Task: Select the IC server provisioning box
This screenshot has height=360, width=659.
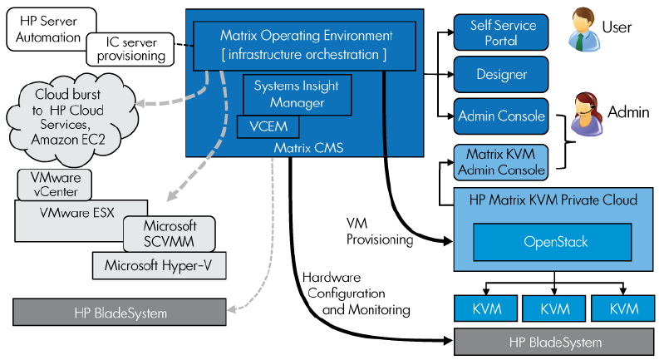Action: pyautogui.click(x=129, y=48)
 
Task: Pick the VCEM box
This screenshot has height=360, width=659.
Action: pyautogui.click(x=260, y=127)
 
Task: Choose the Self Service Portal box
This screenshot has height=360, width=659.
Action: pyautogui.click(x=500, y=32)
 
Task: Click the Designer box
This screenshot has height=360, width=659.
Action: pyautogui.click(x=500, y=74)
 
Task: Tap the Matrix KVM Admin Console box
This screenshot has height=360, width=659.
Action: pyautogui.click(x=500, y=162)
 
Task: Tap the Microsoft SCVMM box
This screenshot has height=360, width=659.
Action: pyautogui.click(x=169, y=232)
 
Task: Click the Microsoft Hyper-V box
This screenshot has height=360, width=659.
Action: pyautogui.click(x=158, y=266)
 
